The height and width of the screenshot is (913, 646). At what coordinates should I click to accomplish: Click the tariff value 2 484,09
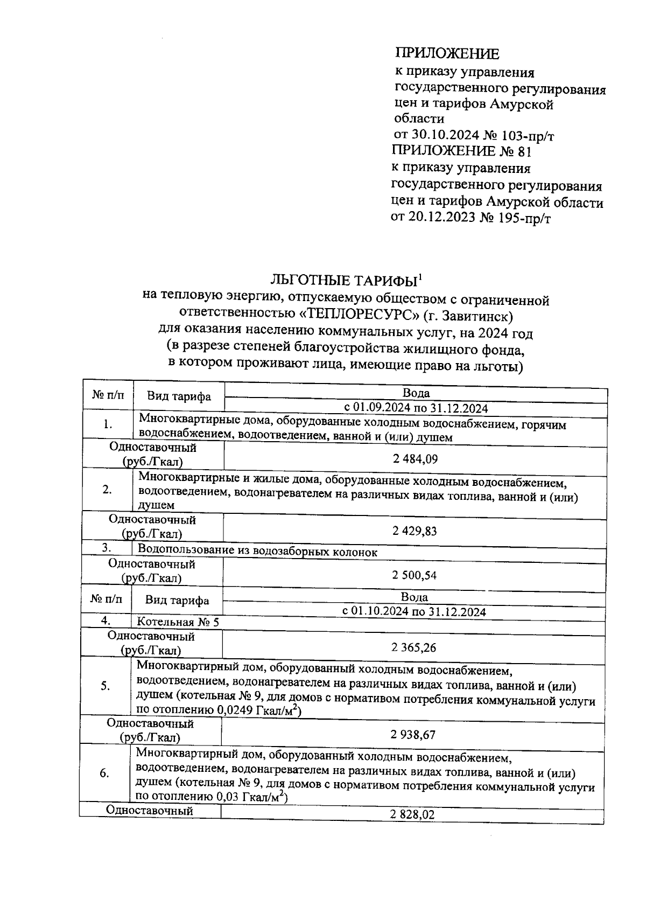point(415,459)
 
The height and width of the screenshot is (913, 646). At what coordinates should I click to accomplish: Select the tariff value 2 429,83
point(415,531)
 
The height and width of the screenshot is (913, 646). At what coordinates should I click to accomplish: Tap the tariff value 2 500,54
point(415,575)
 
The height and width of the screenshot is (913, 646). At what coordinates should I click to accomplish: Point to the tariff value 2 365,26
point(414,647)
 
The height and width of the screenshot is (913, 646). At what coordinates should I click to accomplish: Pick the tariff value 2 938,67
point(413,735)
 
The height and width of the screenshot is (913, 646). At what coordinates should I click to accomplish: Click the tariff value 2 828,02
point(412,815)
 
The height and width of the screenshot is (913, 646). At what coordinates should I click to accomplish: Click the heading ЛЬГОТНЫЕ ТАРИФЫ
point(344,281)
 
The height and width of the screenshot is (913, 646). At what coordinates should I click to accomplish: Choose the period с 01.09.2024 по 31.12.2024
point(416,408)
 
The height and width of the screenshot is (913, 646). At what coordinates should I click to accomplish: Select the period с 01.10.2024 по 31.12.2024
point(414,612)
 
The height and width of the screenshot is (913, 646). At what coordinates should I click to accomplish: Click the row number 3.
point(107,548)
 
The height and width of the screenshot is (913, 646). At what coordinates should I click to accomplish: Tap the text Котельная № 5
point(178,622)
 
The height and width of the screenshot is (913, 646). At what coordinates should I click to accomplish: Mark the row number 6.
point(104,773)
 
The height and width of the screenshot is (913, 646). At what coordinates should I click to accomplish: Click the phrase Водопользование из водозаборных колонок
point(257,552)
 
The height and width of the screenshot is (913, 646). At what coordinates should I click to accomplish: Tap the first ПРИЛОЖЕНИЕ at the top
point(447,53)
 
